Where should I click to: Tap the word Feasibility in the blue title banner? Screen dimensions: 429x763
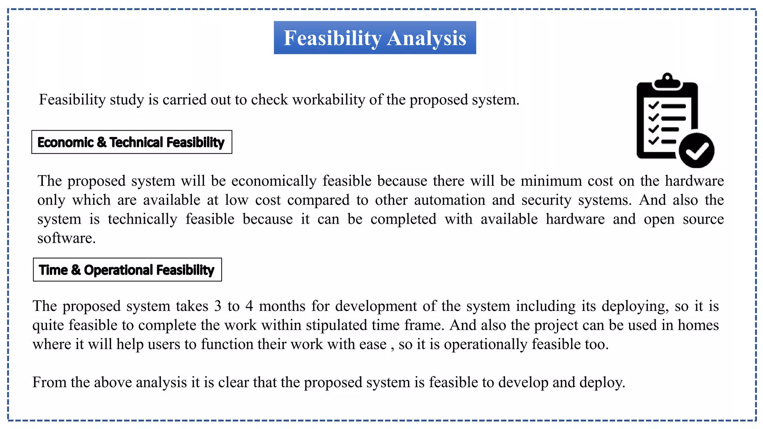[333, 38]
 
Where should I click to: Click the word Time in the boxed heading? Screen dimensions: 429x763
[53, 270]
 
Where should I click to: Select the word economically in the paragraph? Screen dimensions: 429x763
[274, 181]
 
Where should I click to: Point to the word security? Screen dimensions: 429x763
[546, 200]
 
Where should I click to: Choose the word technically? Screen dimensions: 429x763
[142, 219]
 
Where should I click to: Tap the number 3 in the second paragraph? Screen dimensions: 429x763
[218, 306]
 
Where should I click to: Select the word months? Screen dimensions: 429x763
[282, 306]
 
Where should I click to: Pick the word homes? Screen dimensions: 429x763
[698, 325]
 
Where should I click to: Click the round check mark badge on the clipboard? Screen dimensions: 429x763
[696, 150]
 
